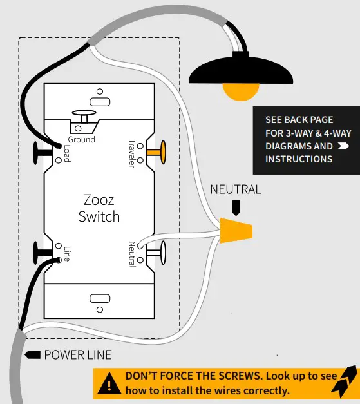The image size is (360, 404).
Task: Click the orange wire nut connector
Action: tap(236, 231)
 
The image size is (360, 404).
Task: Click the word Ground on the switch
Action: tap(81, 139)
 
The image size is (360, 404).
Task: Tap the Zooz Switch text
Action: tap(99, 207)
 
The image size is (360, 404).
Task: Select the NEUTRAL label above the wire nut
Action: tap(236, 189)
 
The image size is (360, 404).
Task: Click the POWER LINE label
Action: tap(77, 355)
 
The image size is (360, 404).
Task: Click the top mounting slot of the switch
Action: tap(99, 101)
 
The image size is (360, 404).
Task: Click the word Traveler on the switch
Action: tap(132, 154)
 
